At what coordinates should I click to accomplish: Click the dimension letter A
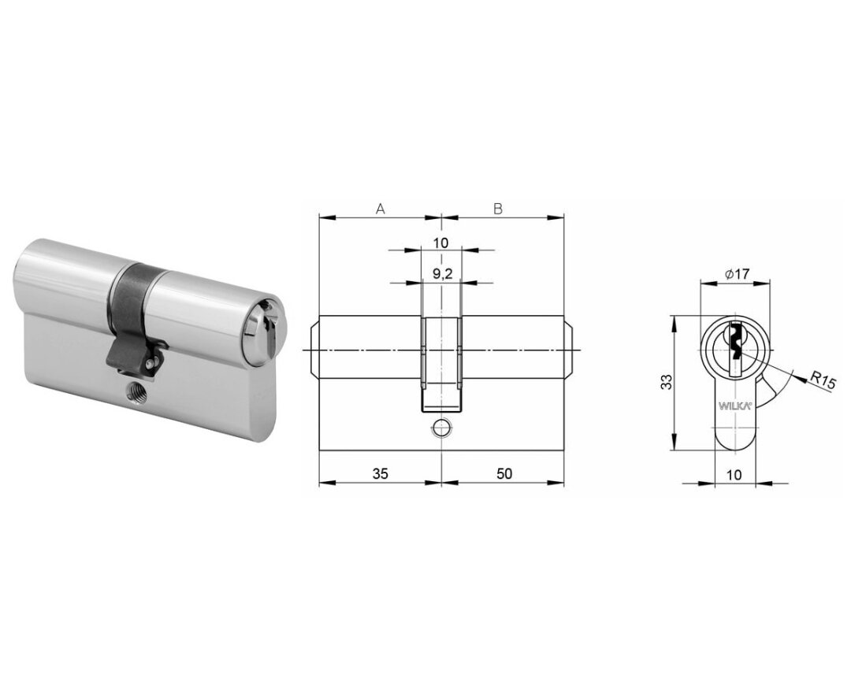click(x=381, y=209)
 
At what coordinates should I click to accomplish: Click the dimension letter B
click(x=498, y=209)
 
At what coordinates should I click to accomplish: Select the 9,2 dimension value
click(x=443, y=275)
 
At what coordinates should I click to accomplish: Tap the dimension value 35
click(x=381, y=473)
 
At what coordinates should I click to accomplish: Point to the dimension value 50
click(x=504, y=473)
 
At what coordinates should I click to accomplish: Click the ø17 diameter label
click(x=736, y=274)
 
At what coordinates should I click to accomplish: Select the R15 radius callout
click(x=819, y=378)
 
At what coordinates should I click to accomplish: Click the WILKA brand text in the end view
click(x=735, y=406)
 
